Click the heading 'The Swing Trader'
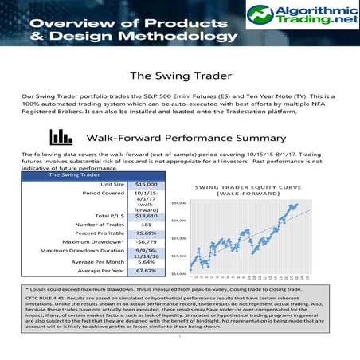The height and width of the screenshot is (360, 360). coord(180,76)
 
